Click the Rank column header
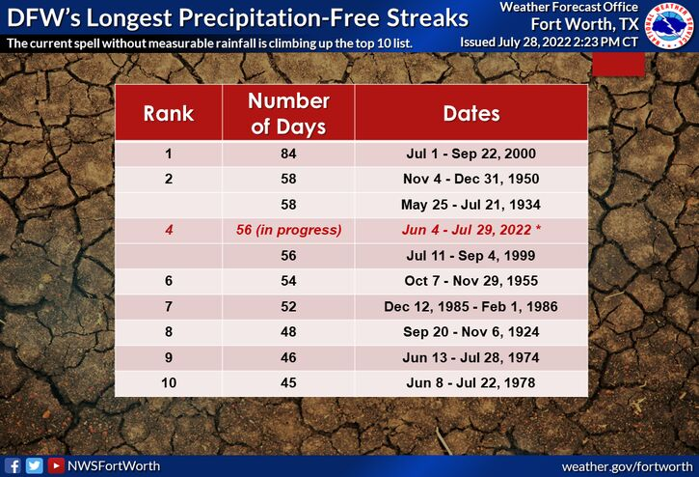point(169,113)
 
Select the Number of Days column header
point(288,113)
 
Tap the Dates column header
point(471,113)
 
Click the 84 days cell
point(288,154)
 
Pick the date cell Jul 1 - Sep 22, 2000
point(470,154)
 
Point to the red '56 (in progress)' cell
point(288,230)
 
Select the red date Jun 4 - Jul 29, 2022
point(470,230)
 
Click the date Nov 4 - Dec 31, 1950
point(470,179)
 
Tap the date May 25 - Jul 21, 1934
point(470,205)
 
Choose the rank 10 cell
point(169,382)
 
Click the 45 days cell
point(288,382)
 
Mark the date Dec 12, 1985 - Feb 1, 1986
point(470,306)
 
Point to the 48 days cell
point(288,332)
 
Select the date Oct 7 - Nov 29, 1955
point(470,281)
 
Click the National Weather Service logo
point(670,24)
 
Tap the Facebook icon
point(13,465)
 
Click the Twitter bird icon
point(35,465)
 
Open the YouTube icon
point(56,465)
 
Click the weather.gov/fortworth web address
point(628,466)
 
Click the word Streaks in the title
point(427,18)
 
